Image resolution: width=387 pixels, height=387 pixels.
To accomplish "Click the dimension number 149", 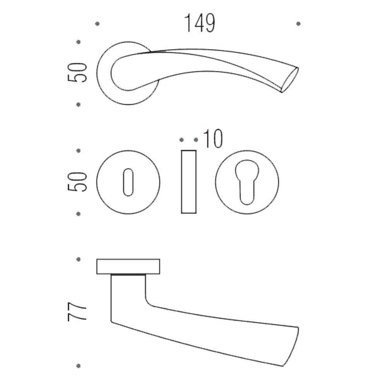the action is tap(200, 23).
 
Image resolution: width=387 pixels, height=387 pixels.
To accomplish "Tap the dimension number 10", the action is tap(213, 139).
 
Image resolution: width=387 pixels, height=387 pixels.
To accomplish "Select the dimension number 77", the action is tap(77, 311).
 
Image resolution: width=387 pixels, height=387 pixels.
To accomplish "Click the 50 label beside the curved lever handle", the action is tap(77, 73).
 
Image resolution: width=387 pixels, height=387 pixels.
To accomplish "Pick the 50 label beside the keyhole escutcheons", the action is tap(77, 182).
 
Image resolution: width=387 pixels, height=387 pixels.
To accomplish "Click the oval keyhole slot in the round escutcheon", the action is tap(128, 182).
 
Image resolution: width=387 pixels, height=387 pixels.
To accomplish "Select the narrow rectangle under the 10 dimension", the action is tap(189, 182).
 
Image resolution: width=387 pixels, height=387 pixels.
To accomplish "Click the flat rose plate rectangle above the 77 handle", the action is tap(128, 267).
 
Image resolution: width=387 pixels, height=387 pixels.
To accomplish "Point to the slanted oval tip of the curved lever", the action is tap(290, 80).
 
